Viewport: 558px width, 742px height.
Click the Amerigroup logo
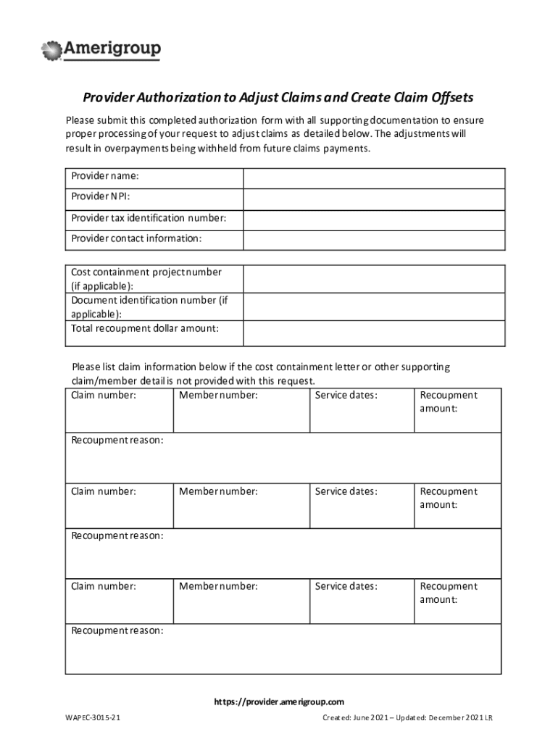click(102, 50)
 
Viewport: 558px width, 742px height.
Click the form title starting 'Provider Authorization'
click(278, 98)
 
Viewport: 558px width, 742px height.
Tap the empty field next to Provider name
click(374, 178)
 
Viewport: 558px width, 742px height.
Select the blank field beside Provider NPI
click(374, 199)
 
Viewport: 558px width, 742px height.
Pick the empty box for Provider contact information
click(374, 240)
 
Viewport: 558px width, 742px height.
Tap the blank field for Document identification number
click(374, 307)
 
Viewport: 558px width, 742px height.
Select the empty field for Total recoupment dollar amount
click(374, 333)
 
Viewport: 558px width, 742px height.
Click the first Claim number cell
click(119, 410)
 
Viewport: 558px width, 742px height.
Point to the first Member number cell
click(241, 410)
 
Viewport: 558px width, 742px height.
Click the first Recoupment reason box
click(283, 457)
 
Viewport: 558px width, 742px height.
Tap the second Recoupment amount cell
click(457, 506)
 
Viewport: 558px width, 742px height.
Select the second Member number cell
click(241, 506)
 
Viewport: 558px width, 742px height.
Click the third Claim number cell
click(119, 601)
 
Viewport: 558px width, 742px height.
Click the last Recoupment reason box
click(283, 649)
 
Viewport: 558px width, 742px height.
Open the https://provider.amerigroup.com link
click(278, 701)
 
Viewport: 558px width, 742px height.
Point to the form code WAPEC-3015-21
click(92, 718)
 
